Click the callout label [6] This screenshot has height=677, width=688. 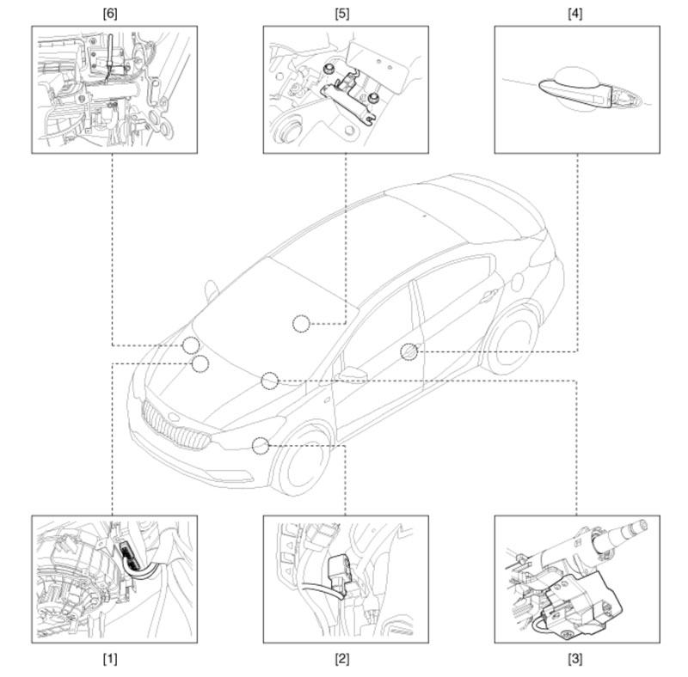[x=110, y=14]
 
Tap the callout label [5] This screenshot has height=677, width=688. [x=342, y=14]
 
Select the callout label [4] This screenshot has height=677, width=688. [x=575, y=14]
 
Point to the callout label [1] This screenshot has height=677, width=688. [x=110, y=659]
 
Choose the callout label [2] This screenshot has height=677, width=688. [x=342, y=659]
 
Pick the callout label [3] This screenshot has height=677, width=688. [x=575, y=659]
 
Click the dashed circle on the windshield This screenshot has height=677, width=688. [x=302, y=324]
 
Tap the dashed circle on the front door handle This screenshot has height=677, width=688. [x=409, y=351]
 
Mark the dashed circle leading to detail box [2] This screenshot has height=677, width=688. [x=261, y=446]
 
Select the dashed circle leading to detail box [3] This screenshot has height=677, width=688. [x=270, y=381]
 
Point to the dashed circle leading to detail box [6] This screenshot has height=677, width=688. [x=191, y=345]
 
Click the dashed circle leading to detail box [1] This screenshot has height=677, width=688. [x=200, y=364]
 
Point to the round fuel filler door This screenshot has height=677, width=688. [x=518, y=282]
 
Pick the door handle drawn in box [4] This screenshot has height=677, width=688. [x=574, y=93]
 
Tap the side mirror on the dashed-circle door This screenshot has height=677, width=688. [x=352, y=375]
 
